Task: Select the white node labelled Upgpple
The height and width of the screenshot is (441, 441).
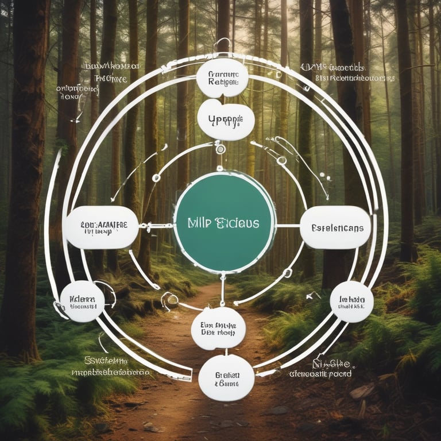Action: [225, 119]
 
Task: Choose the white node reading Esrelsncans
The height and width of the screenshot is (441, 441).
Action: [335, 227]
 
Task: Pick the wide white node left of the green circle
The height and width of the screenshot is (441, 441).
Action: [102, 227]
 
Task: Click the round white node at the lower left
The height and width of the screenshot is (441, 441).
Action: [82, 301]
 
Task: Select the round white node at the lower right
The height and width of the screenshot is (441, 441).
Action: [351, 301]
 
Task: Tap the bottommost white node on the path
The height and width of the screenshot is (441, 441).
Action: [226, 377]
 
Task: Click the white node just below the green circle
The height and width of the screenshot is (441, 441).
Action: [218, 328]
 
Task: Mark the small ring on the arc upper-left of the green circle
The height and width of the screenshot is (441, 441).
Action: [156, 177]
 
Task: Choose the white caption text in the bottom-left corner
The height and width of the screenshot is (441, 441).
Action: [110, 366]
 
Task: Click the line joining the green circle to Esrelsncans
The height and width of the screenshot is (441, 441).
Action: [288, 226]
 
